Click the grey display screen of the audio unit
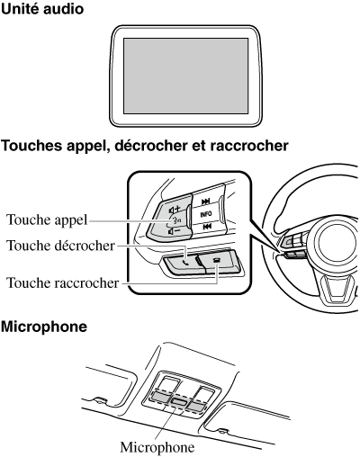(186, 76)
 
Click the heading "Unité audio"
(42, 9)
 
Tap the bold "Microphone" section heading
(44, 327)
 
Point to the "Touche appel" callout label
(47, 220)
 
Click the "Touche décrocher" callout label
(60, 246)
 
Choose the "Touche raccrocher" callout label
(63, 282)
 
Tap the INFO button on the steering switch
(206, 214)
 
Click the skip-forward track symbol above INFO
(206, 202)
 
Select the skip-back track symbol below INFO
(207, 227)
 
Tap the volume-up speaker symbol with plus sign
(175, 209)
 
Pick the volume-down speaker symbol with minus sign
(174, 231)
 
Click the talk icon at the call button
(175, 220)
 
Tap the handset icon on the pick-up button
(186, 263)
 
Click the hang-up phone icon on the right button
(216, 260)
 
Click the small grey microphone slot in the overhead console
(180, 401)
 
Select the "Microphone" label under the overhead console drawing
(157, 447)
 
